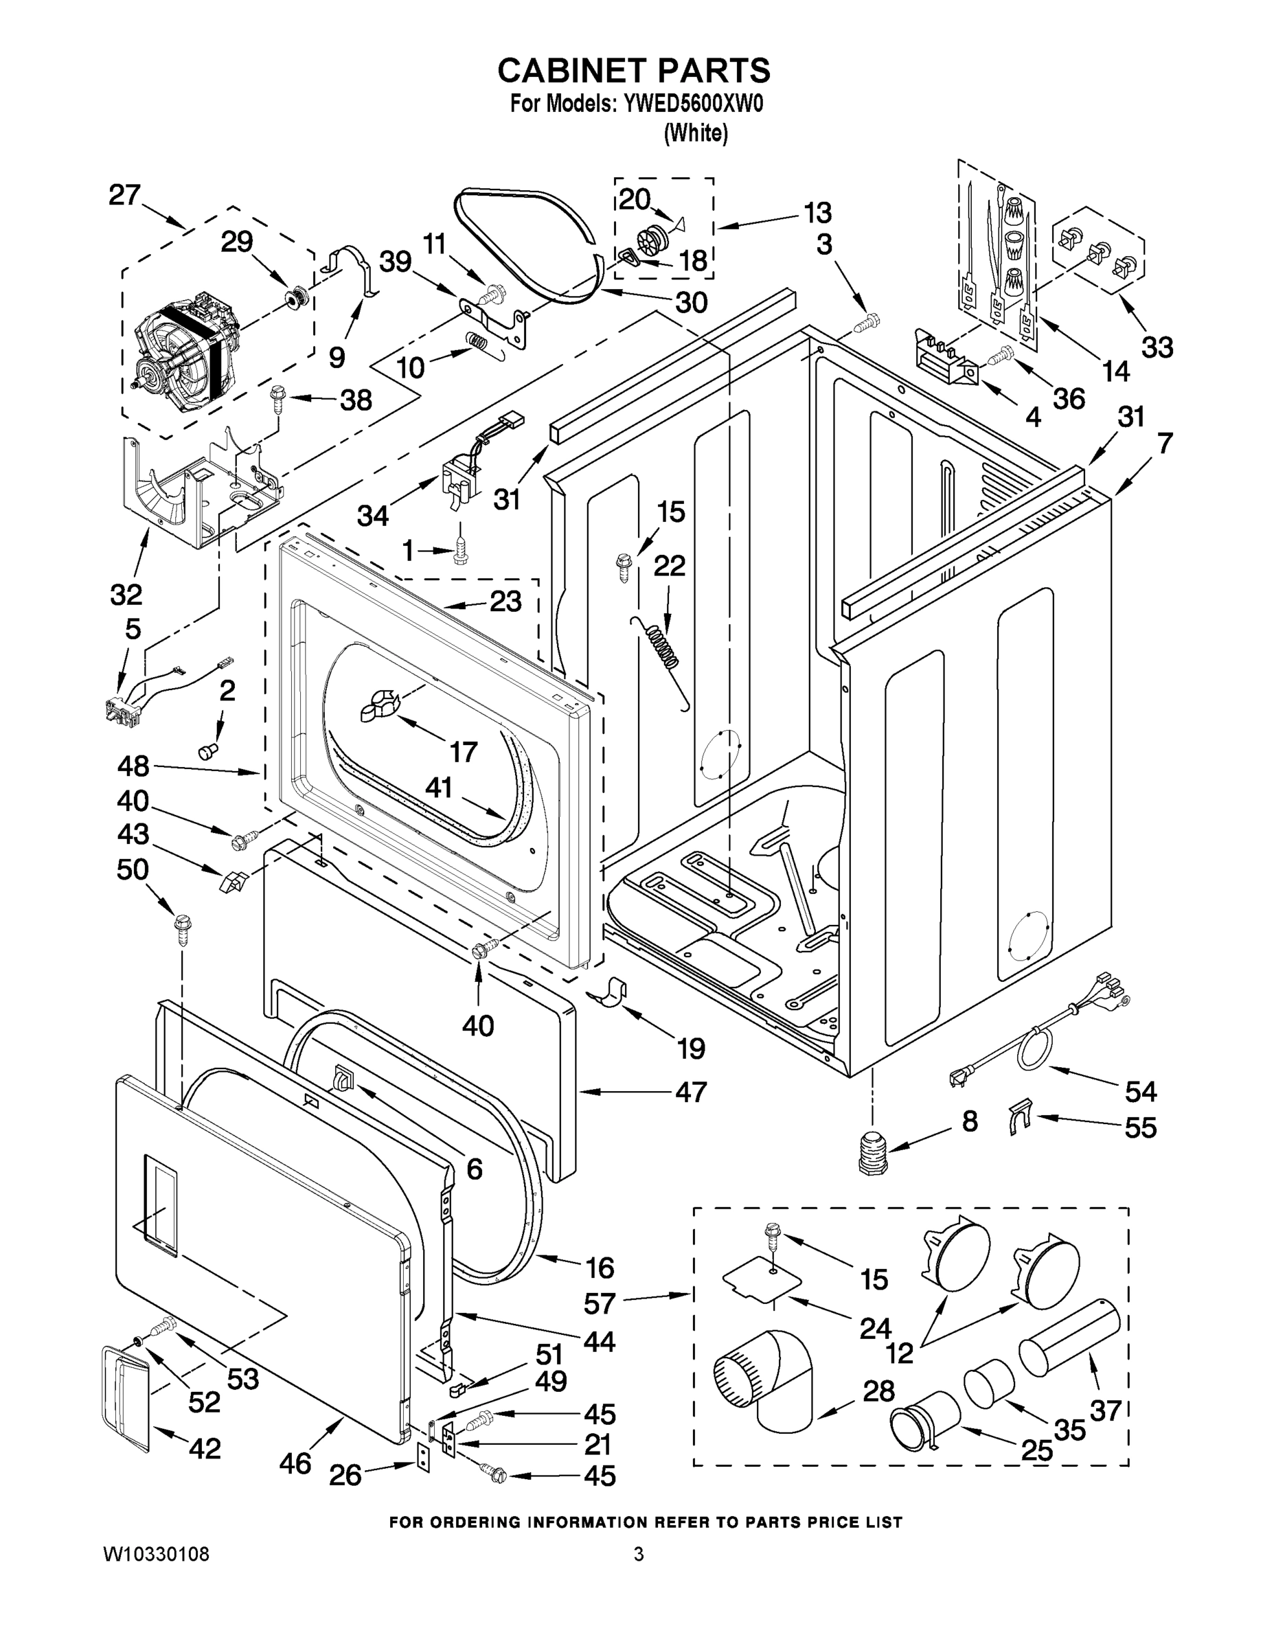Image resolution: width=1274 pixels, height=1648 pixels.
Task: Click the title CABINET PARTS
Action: pos(633,70)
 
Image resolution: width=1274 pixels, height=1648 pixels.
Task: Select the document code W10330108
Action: pos(155,1555)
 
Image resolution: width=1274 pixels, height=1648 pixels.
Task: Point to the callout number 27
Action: pos(124,196)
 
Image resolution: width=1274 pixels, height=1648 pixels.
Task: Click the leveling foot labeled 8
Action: pos(872,1153)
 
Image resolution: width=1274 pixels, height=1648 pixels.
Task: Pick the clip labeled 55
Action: pos(1019,1119)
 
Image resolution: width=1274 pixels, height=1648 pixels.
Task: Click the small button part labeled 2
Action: pos(207,750)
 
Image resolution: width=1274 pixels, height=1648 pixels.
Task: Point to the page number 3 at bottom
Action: pos(639,1555)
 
